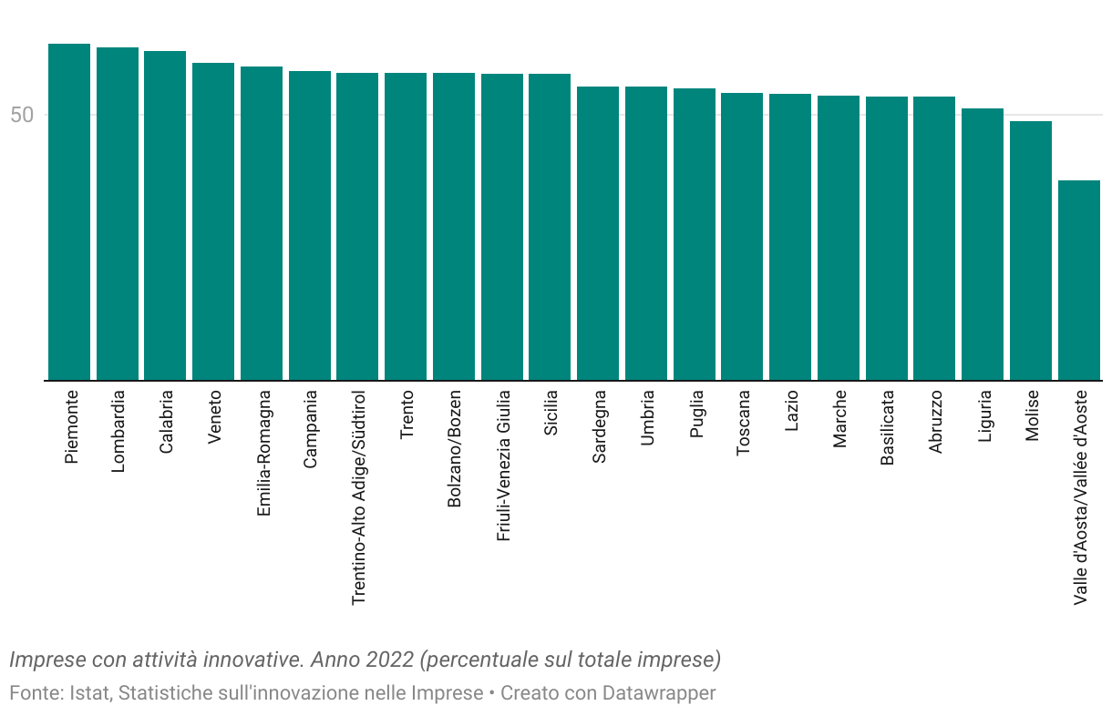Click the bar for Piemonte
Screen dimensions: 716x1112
69,211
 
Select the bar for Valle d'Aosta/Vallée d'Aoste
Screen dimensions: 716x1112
1078,280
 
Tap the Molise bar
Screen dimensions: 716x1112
1031,251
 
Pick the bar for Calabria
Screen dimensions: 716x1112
165,215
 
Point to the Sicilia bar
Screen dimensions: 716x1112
550,227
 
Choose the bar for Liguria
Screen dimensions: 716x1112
983,244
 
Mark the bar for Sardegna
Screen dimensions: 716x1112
598,233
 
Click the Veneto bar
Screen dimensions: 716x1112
213,221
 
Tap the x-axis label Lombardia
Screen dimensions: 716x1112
118,431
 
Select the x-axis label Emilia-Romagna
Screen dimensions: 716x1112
263,453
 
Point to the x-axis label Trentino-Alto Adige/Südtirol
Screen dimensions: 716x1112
358,497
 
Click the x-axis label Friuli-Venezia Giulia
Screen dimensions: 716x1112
502,466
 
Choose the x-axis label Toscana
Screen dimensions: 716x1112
743,424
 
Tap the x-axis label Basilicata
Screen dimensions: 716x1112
887,428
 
